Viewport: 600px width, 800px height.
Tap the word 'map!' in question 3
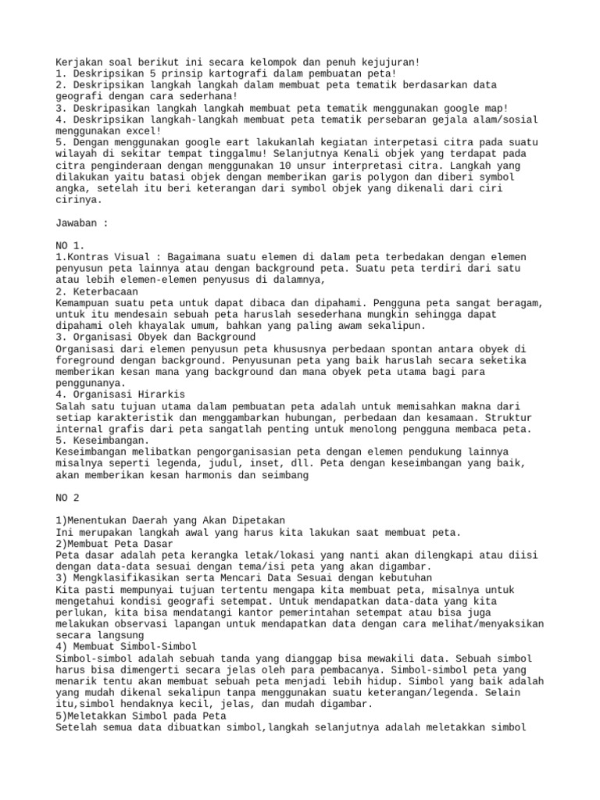tap(494, 107)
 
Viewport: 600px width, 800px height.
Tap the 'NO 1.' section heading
tap(73, 245)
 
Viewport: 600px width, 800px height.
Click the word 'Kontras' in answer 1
tap(91, 257)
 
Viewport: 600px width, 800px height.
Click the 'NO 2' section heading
tap(70, 498)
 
